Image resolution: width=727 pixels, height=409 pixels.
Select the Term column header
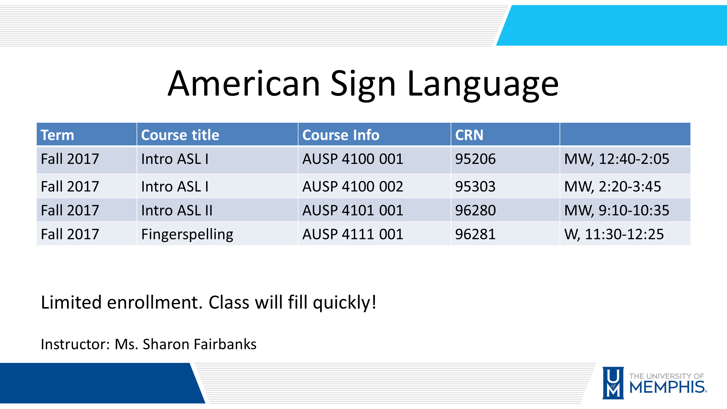click(57, 135)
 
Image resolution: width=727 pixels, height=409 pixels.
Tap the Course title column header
click(180, 135)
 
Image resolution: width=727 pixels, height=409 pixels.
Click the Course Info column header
click(341, 135)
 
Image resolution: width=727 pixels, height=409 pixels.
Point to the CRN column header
click(469, 135)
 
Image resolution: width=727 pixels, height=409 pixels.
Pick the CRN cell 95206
click(475, 159)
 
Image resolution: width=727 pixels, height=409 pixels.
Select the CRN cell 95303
click(475, 187)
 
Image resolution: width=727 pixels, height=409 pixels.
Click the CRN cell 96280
click(475, 210)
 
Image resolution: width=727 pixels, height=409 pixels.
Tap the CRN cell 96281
click(475, 234)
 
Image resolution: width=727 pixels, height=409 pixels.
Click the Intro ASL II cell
click(177, 210)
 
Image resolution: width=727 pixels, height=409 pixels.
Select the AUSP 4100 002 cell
click(352, 187)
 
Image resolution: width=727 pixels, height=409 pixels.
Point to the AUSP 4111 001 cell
click(352, 234)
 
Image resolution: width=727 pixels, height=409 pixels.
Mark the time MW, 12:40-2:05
click(616, 159)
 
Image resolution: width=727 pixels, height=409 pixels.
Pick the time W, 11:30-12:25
click(614, 234)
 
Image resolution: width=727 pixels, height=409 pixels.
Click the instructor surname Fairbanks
click(225, 344)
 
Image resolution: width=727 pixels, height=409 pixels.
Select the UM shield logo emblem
click(613, 383)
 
